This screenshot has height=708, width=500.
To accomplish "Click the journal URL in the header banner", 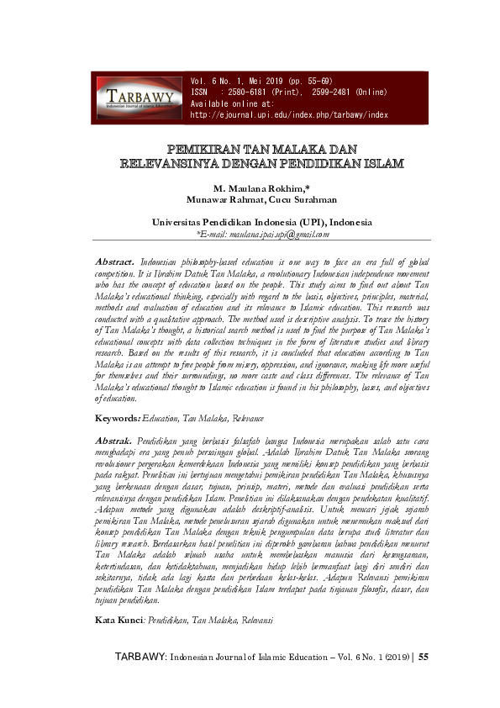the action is (289, 114).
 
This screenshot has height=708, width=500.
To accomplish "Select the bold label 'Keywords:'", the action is (117, 418).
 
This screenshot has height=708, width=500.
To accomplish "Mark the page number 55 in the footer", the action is (424, 679).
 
